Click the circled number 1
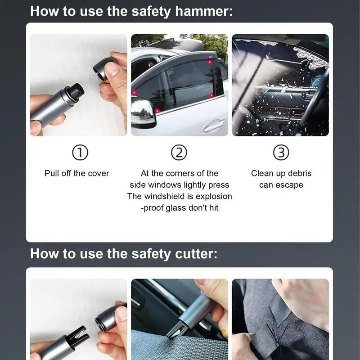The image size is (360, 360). pyautogui.click(x=80, y=153)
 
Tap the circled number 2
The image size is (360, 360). pyautogui.click(x=179, y=153)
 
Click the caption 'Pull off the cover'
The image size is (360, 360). pyautogui.click(x=77, y=173)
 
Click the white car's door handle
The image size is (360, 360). pyautogui.click(x=215, y=126)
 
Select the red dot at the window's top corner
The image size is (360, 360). pyautogui.click(x=210, y=62)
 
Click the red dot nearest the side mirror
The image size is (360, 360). pyautogui.click(x=157, y=111)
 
